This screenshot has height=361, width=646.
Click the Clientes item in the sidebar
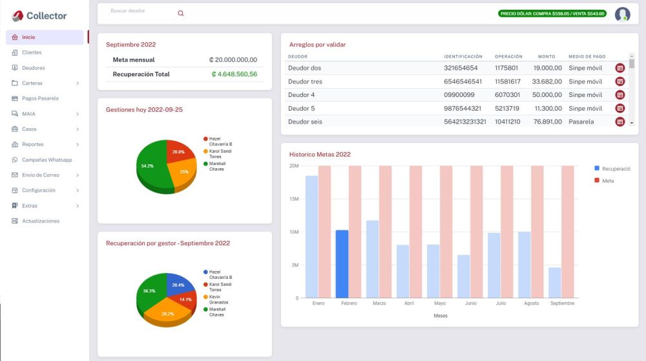pos(32,52)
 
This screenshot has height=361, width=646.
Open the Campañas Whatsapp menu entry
pos(47,160)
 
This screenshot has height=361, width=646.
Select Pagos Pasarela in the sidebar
pos(40,98)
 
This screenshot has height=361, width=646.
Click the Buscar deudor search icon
pos(180,13)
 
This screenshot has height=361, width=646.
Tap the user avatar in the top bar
pos(622,14)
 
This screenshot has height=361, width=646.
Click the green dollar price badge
pos(552,14)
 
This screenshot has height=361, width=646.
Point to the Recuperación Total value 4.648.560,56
pos(234,74)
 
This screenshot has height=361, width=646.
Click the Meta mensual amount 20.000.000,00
pos(233,60)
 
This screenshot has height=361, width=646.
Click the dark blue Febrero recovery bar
pos(342,263)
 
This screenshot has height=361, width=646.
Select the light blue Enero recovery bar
pos(311,236)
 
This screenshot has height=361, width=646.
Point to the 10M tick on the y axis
pos(293,232)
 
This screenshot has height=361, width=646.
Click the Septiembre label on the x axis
pos(563,303)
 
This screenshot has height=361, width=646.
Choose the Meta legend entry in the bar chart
pos(607,181)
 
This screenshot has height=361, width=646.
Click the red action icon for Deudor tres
pos(620,82)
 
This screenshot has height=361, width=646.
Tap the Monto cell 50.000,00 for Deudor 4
pos(547,95)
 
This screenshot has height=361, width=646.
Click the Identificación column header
pos(463,57)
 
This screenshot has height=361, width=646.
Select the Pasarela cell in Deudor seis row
pos(581,122)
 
